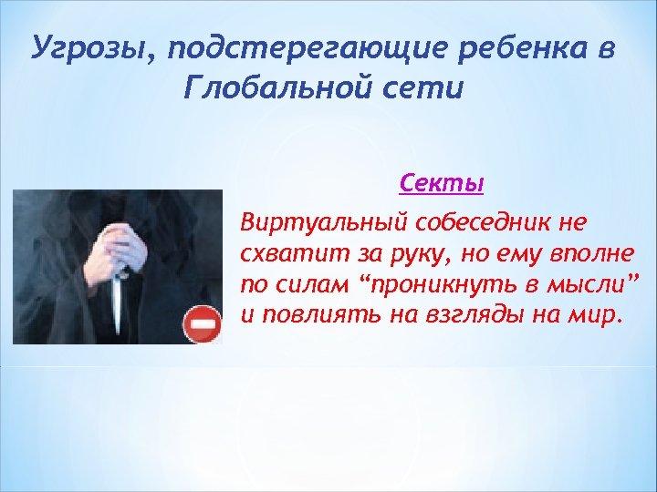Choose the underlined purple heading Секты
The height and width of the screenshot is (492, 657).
coord(442,183)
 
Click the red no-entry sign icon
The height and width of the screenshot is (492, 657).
coord(203,323)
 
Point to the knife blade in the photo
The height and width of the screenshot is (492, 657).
coord(118,304)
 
